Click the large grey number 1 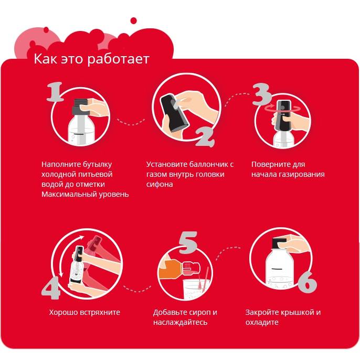click(x=55, y=92)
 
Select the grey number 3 click(x=261, y=94)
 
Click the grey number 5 click(x=188, y=242)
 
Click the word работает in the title click(x=119, y=59)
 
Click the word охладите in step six click(x=262, y=322)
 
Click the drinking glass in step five click(x=195, y=290)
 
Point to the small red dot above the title click(x=133, y=20)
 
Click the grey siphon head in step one click(x=79, y=107)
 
